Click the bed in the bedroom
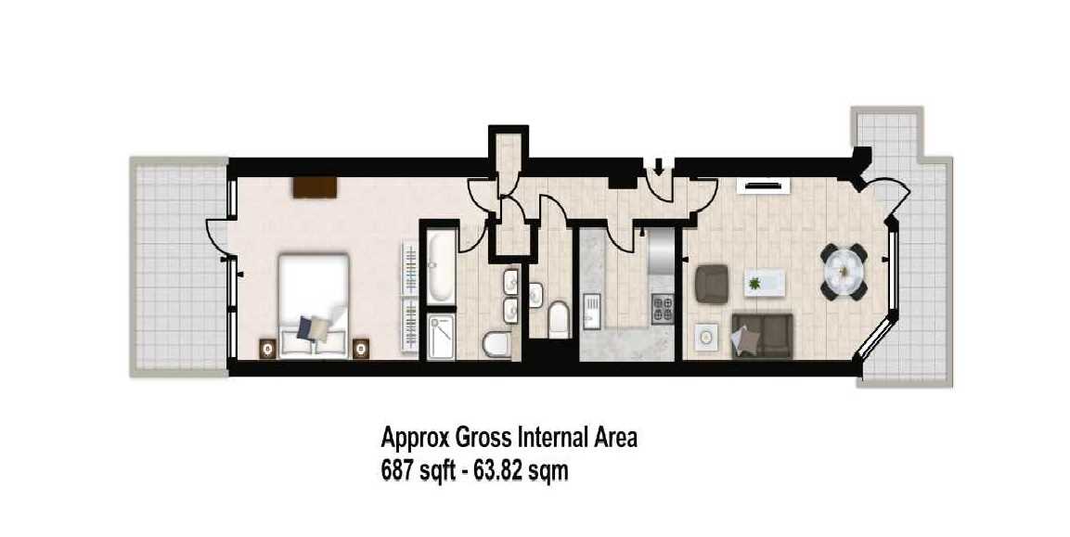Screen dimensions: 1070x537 (x=314, y=306)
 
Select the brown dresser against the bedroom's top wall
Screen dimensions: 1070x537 (x=316, y=187)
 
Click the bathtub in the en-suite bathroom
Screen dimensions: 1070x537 (x=440, y=265)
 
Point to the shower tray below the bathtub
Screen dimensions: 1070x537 (x=440, y=336)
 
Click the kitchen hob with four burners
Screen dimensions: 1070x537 (x=663, y=306)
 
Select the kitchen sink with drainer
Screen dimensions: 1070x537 (x=591, y=310)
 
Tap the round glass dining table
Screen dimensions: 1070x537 (x=844, y=271)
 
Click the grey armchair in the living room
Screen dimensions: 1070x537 (x=711, y=283)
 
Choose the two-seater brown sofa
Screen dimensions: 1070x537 (x=762, y=336)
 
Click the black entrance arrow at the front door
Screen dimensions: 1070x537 (x=659, y=166)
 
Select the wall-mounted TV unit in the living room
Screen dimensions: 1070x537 (x=762, y=185)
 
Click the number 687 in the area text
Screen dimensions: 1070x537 (x=396, y=471)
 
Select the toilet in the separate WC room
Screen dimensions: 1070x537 (x=558, y=319)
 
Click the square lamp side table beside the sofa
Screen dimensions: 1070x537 (x=706, y=336)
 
